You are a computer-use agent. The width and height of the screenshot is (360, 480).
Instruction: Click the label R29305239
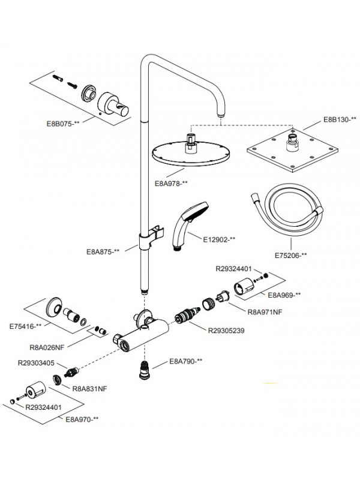pos(226,330)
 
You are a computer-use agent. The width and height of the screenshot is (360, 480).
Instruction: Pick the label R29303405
pos(36,363)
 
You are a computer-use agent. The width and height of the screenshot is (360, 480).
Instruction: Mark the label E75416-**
pos(26,326)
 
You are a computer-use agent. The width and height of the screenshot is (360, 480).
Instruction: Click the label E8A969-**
pos(284,295)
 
